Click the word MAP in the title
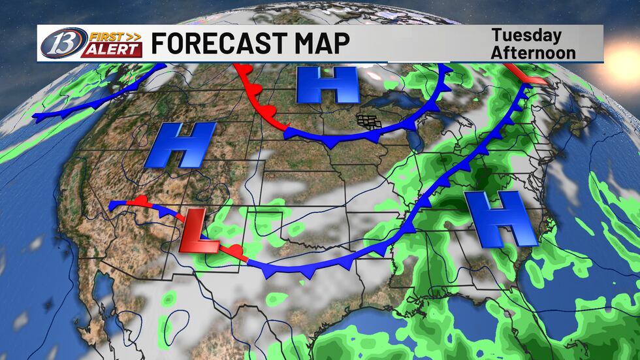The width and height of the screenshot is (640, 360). pos(318,44)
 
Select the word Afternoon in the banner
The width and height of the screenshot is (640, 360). pos(533,52)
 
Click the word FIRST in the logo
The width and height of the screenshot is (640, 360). pos(104,36)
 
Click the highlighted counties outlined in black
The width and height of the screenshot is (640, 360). pos(369,121)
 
